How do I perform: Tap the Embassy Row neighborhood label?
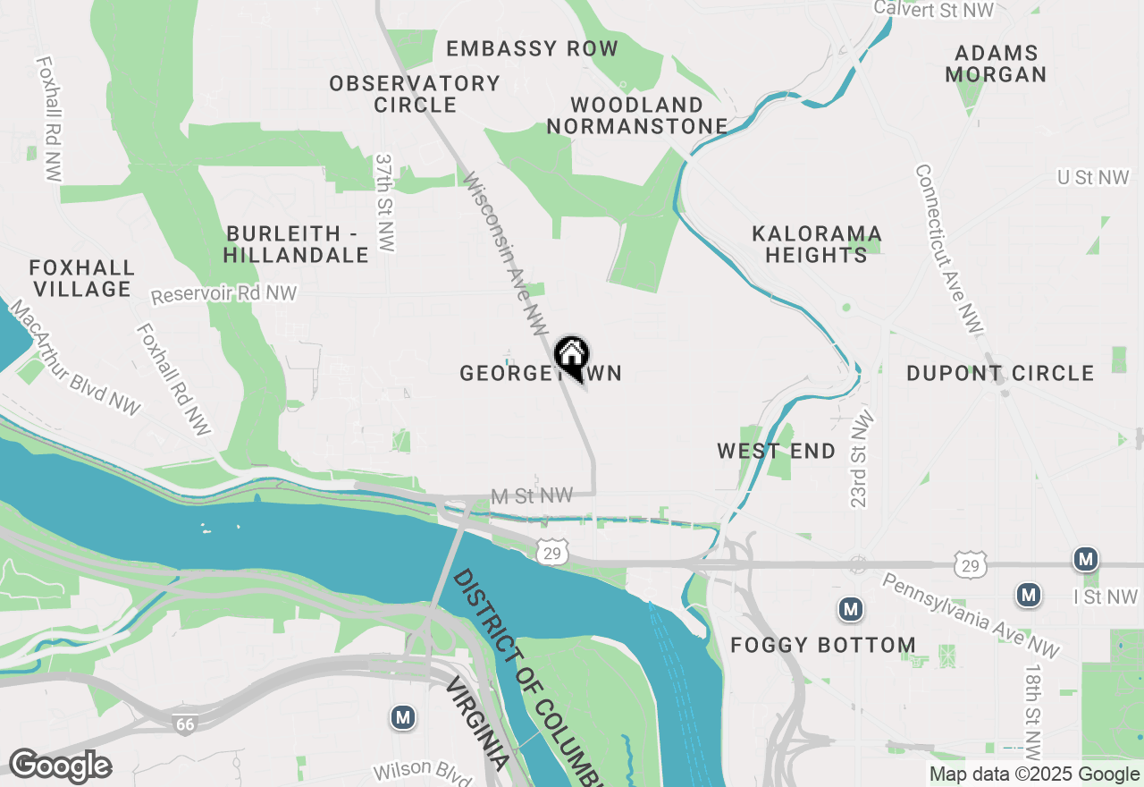532,48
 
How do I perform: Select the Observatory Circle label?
415,94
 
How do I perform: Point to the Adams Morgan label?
996,63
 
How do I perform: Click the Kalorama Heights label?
817,244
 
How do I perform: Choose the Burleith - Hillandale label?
296,244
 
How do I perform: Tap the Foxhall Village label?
81,278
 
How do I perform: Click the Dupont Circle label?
1000,373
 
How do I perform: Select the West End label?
777,451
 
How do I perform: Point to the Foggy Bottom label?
823,645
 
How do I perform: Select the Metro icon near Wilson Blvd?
403,716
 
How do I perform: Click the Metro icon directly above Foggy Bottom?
850,610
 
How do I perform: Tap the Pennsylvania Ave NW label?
971,615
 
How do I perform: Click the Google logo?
60,766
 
